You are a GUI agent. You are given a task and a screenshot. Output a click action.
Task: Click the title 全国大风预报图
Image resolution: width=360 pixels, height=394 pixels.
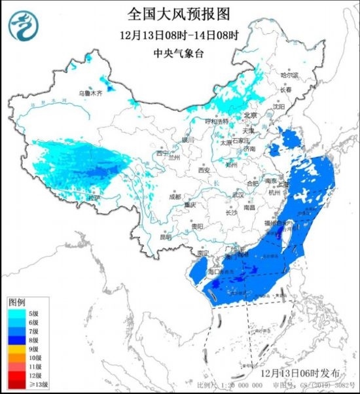181,13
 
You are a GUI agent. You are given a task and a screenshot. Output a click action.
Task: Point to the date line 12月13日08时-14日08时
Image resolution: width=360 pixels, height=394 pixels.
180,35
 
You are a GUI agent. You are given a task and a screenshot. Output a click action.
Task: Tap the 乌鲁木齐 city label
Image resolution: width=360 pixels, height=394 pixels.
92,94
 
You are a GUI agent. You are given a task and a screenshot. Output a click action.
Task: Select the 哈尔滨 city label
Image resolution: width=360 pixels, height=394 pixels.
289,76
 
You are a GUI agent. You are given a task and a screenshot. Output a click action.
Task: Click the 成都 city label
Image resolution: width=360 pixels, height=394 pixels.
173,196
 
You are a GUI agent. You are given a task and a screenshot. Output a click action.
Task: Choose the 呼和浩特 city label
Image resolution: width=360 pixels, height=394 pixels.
217,122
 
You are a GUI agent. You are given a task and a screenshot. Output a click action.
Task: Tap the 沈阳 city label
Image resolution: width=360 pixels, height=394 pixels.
279,105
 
